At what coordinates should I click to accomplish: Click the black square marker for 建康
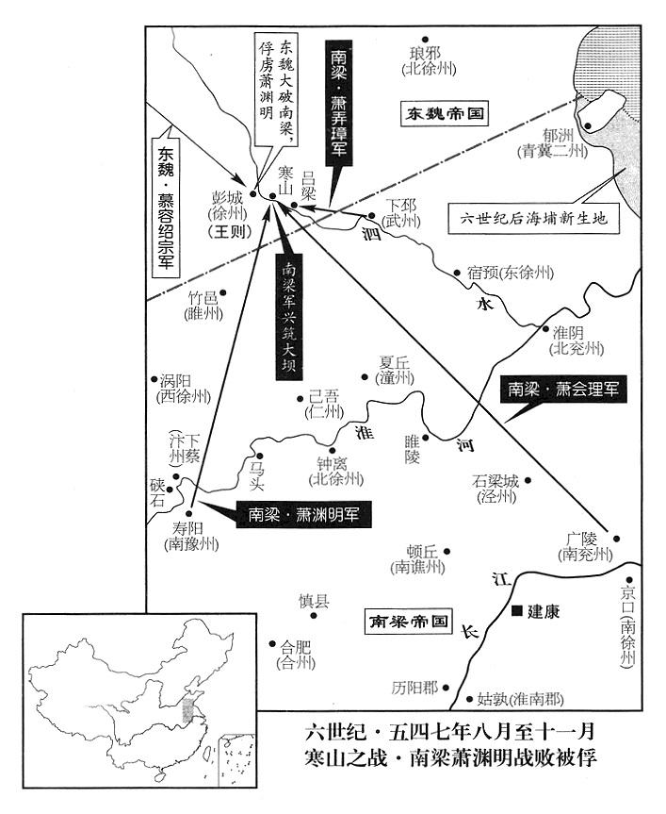(516, 610)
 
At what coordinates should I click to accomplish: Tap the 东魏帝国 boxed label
(445, 114)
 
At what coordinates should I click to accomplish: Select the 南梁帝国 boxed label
(409, 621)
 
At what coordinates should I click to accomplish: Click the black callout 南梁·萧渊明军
(303, 515)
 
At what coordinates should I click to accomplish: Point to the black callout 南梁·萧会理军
(563, 390)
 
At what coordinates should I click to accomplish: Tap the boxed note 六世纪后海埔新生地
(534, 219)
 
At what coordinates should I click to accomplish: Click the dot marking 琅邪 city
(425, 39)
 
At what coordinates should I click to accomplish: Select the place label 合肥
(296, 647)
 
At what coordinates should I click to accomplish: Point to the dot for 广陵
(617, 539)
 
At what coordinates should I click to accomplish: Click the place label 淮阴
(569, 333)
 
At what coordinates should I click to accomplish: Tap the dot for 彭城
(252, 193)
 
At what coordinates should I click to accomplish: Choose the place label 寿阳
(187, 529)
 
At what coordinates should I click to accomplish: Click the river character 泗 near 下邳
(371, 234)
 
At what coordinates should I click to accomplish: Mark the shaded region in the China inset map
(187, 709)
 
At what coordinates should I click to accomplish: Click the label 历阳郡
(414, 688)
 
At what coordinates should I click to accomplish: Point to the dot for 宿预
(457, 272)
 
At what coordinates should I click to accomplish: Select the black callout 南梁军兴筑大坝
(288, 317)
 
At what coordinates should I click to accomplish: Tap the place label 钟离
(333, 463)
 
